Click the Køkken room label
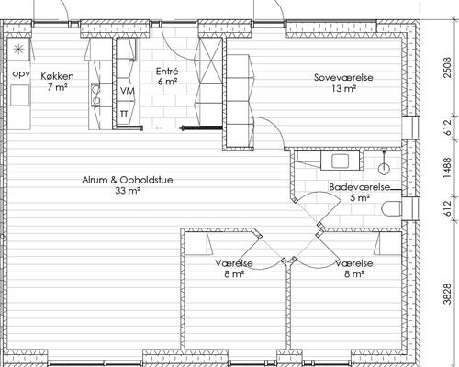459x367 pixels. (x=57, y=76)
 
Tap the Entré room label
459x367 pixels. (x=167, y=72)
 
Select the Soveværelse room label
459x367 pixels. (x=343, y=77)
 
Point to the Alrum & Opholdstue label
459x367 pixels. (x=128, y=180)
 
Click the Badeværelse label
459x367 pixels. (x=360, y=187)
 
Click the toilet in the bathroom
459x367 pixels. (x=392, y=208)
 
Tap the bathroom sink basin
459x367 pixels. (x=340, y=161)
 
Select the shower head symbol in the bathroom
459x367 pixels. (x=384, y=168)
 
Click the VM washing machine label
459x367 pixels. (x=128, y=91)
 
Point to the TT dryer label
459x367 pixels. (x=124, y=115)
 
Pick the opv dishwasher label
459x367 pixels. (x=21, y=74)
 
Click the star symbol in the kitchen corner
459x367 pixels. (x=18, y=49)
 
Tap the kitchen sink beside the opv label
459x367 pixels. (x=20, y=95)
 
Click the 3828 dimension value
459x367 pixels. (x=447, y=294)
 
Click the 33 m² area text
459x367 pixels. (x=128, y=191)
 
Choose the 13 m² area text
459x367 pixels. (x=343, y=89)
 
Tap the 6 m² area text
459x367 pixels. (x=168, y=82)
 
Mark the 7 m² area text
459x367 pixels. (x=57, y=87)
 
